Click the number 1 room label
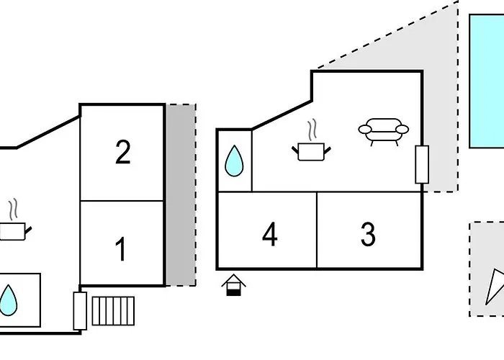122,249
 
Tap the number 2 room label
123,153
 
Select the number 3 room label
368,235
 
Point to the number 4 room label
270,235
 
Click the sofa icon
382,132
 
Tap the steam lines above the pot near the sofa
312,130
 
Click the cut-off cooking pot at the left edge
13,231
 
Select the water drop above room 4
234,161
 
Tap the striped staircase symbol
113,310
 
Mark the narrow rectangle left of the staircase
80,310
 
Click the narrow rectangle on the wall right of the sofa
422,164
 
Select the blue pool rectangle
487,81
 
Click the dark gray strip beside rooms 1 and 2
181,194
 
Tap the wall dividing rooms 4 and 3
317,230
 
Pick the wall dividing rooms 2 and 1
122,200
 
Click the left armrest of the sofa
364,130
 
